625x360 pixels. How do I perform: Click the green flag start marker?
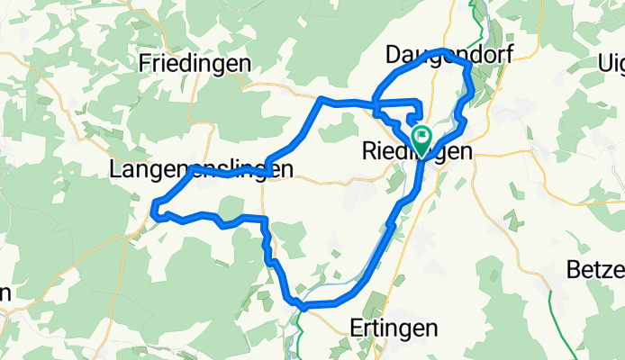[421, 138]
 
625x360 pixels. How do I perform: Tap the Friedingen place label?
[195, 63]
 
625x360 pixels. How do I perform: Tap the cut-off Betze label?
[595, 269]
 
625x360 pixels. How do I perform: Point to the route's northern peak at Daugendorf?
[441, 51]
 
